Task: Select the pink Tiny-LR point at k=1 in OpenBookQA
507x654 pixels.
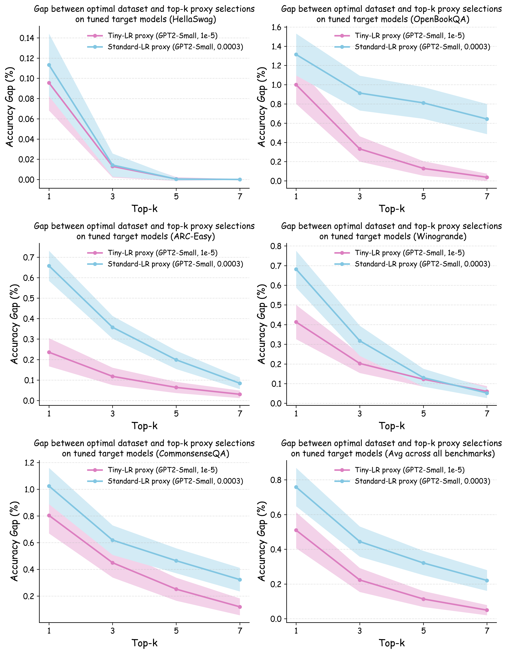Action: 296,85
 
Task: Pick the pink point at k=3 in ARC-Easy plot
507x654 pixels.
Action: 112,376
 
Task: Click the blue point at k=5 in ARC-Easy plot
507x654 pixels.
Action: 176,360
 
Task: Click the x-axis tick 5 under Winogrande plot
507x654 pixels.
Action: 423,414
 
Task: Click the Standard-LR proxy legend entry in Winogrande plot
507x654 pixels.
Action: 422,264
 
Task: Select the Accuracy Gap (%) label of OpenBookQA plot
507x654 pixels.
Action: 262,107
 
